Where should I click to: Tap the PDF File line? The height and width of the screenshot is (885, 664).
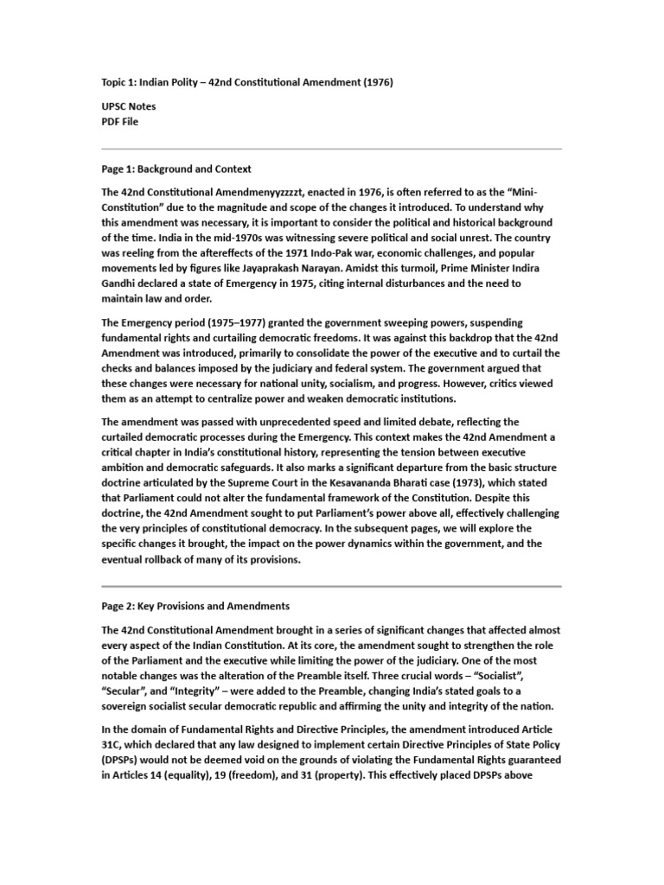pos(120,122)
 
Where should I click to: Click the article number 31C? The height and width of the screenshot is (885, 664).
pos(112,745)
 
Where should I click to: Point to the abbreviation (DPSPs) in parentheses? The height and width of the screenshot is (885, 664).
pos(124,761)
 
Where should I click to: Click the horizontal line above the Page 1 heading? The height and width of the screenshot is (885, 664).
pos(332,149)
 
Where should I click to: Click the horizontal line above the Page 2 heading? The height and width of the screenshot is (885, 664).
pos(332,586)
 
